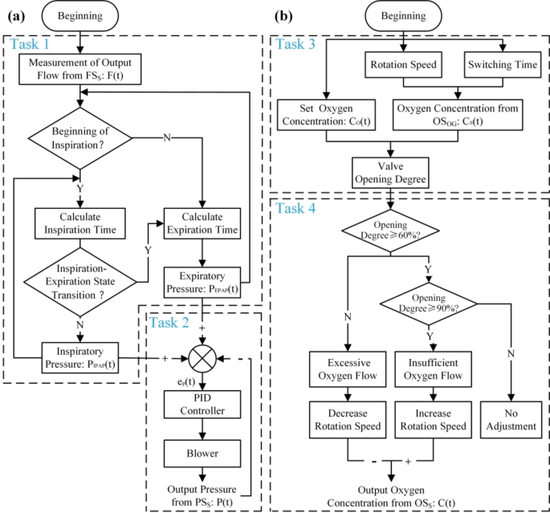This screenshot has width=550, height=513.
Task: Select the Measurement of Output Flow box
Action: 80,71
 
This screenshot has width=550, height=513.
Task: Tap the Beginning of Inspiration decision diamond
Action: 80,138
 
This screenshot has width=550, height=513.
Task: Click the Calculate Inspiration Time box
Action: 80,222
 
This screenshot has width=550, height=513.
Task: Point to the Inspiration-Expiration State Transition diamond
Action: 80,282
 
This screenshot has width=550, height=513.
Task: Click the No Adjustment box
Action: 511,418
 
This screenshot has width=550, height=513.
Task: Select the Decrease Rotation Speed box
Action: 348,418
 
